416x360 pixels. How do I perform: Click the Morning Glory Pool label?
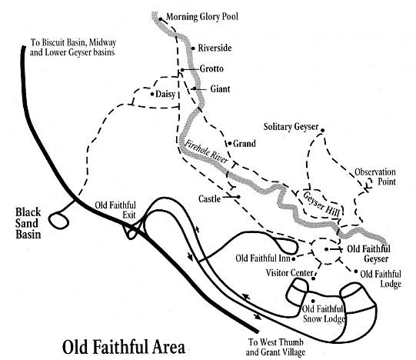[x=202, y=17]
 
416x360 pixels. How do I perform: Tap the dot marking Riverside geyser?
[x=193, y=48]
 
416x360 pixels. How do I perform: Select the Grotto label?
[x=211, y=68]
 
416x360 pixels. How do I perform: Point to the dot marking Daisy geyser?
[x=152, y=94]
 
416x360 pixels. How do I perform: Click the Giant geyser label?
[x=220, y=88]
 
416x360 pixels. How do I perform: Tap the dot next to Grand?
[x=230, y=144]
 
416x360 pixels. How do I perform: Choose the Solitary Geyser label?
[x=291, y=127]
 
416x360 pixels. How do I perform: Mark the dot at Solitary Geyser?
[x=323, y=130]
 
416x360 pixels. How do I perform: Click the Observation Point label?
[x=375, y=177]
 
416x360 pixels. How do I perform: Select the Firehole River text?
[x=206, y=152]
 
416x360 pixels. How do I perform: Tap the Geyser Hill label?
[x=321, y=204]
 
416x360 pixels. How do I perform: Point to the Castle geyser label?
[x=210, y=199]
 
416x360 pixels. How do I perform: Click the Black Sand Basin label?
[x=28, y=223]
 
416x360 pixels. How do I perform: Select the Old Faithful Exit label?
[x=115, y=210]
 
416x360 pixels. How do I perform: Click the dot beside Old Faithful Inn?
[x=294, y=258]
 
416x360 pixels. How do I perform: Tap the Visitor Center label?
[x=289, y=273]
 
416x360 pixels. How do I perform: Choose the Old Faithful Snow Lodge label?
[x=324, y=314]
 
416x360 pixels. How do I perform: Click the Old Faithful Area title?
[x=124, y=347]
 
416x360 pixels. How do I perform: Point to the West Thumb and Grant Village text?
[x=275, y=347]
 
